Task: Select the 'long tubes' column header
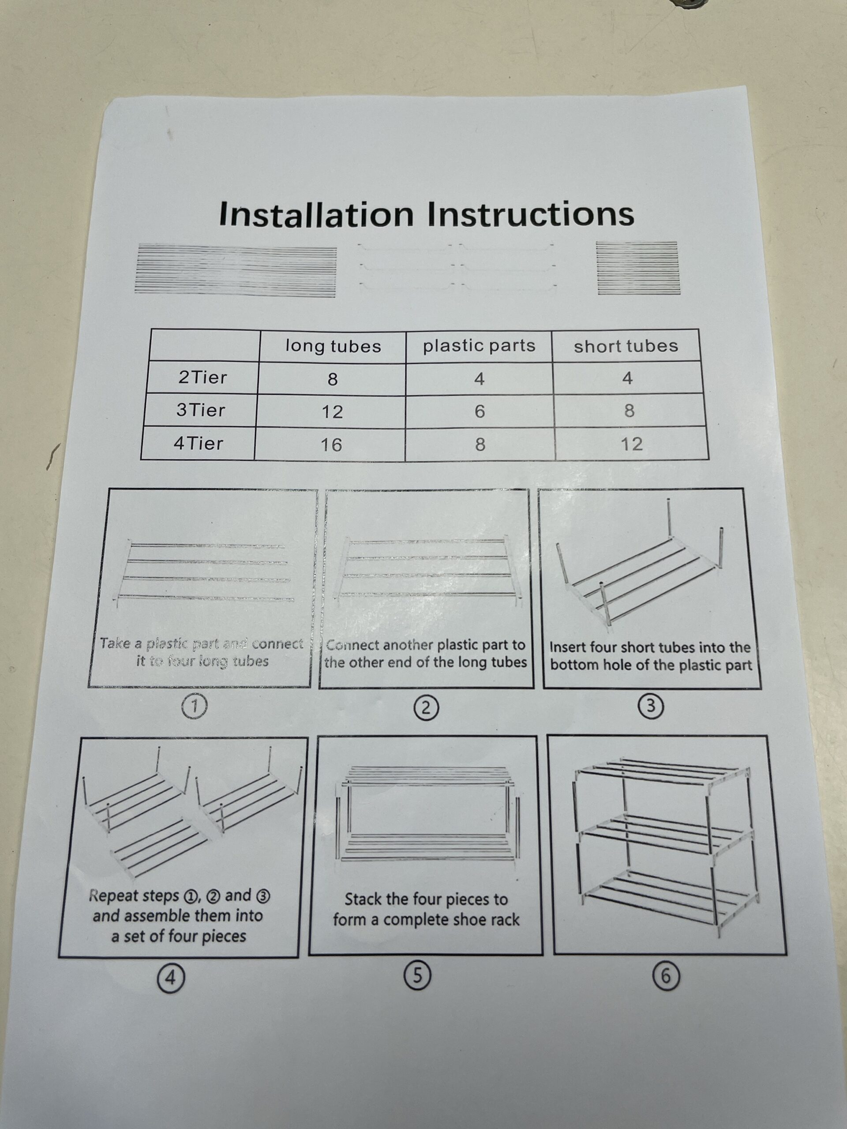pos(333,346)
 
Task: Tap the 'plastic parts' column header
pos(479,346)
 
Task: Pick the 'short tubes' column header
pos(626,346)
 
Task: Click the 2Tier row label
pos(202,378)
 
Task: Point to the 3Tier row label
pos(201,410)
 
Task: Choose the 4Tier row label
pos(199,443)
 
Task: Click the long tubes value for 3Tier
pos(332,411)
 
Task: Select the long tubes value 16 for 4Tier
pos(331,445)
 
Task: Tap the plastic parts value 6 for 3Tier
pos(480,411)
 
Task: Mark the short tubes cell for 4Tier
pos(632,444)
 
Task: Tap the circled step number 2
pos(427,708)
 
